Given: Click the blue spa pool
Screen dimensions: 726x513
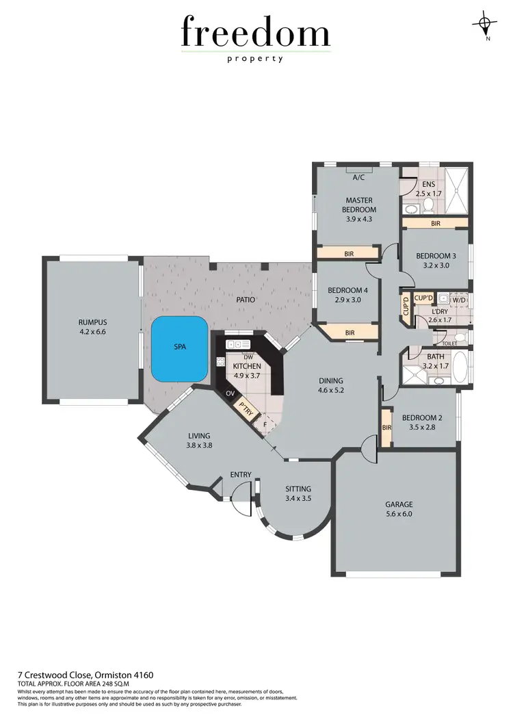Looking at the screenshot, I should (179, 349).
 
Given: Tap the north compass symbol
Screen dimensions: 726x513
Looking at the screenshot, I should (485, 24).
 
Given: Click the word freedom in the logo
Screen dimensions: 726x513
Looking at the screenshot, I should (256, 32).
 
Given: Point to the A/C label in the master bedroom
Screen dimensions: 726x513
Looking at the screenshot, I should (358, 178).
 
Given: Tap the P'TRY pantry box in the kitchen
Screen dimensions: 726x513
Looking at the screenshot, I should (245, 409).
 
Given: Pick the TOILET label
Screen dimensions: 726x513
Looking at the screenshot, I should (449, 343).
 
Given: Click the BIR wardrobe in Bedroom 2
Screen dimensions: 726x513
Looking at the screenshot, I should (386, 428).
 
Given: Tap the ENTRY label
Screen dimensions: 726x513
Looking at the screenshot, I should (241, 474).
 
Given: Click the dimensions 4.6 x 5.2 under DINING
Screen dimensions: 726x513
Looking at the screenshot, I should (330, 391).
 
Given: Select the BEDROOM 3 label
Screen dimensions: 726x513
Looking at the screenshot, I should (436, 256).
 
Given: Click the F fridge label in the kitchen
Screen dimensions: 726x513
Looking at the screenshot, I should (265, 424).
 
